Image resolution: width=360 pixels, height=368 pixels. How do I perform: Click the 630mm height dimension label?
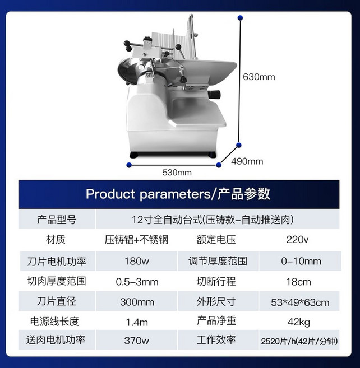[259, 77]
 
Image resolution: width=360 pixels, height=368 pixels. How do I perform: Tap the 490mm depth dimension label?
[247, 161]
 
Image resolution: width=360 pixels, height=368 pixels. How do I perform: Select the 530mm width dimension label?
[177, 173]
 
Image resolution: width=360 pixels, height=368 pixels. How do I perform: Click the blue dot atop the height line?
[240, 18]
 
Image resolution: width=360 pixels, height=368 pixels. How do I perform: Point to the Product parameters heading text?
[178, 194]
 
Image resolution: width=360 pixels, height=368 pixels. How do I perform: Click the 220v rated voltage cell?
[297, 240]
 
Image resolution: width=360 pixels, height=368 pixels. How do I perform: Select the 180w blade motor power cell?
[136, 261]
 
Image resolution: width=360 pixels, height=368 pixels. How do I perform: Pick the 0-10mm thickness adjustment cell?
[301, 261]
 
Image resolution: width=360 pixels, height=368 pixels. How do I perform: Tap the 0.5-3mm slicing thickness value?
[137, 282]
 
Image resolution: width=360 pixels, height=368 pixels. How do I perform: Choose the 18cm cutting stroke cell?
[298, 282]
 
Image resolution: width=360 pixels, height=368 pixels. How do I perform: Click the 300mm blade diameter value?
[137, 302]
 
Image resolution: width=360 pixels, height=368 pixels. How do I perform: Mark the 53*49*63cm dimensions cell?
[300, 302]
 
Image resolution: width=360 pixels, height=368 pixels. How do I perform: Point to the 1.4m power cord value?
[137, 322]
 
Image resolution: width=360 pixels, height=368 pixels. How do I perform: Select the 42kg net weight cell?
[298, 322]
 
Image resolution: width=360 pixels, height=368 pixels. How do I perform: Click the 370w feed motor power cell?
[136, 341]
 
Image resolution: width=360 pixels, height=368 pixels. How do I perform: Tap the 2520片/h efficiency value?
[299, 341]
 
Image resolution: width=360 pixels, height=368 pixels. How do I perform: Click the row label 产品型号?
[57, 220]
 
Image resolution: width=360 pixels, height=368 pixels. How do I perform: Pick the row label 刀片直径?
[57, 301]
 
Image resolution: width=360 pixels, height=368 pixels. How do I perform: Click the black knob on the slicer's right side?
[215, 94]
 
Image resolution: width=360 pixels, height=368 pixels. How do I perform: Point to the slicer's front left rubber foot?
[135, 155]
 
